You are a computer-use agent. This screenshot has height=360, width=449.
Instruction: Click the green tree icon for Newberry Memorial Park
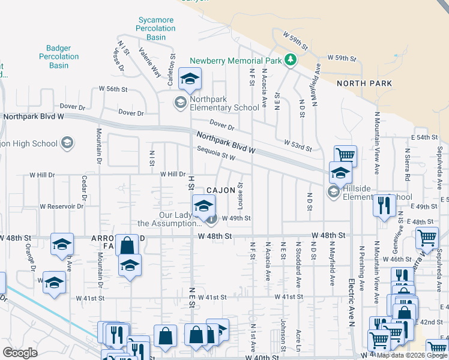(x=291, y=59)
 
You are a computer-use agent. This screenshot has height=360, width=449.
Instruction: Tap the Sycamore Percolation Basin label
(x=155, y=28)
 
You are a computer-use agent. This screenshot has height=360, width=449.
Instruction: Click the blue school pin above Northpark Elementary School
(x=190, y=79)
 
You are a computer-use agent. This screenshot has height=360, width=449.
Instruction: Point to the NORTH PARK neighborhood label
(x=364, y=83)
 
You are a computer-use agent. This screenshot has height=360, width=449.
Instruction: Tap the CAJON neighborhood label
(x=220, y=190)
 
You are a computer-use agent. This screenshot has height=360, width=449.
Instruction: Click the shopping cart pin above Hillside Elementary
(x=345, y=155)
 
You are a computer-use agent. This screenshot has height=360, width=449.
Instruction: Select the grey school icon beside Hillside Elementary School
(x=332, y=192)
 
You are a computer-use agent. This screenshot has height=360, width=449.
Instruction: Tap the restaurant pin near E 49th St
(x=384, y=205)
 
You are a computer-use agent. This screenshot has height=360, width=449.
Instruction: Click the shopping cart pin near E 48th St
(x=427, y=237)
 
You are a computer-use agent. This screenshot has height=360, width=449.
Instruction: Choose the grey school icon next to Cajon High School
(x=68, y=143)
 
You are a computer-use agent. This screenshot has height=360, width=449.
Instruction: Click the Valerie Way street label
(x=149, y=62)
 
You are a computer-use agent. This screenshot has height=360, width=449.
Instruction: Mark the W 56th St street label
(x=113, y=89)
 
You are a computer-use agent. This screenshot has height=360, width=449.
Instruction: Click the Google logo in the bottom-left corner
(x=20, y=353)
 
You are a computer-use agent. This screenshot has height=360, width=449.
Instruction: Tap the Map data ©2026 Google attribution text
(x=412, y=355)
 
